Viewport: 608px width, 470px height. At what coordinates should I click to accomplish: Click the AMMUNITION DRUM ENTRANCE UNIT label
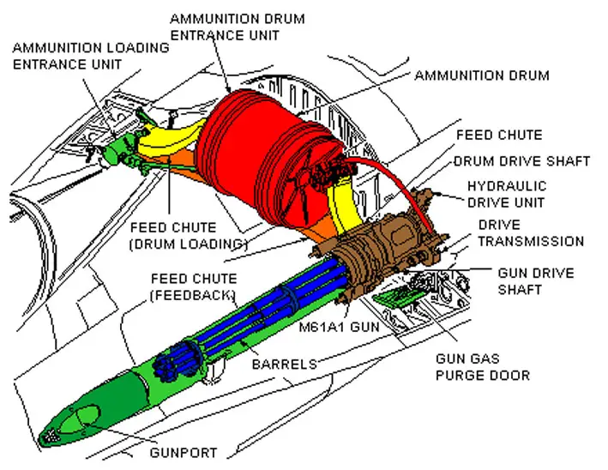(x=238, y=27)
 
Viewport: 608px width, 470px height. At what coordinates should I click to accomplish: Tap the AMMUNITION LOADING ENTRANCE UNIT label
(x=91, y=56)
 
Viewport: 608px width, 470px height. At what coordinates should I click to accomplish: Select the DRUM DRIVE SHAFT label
(x=522, y=161)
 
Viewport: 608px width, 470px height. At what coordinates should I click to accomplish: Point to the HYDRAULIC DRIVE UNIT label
(x=507, y=194)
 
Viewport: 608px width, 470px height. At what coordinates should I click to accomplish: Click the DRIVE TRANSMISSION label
(x=531, y=232)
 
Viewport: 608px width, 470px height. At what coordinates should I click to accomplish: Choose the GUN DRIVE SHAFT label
(x=535, y=280)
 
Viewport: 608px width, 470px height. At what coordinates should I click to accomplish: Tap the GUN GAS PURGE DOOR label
(x=483, y=367)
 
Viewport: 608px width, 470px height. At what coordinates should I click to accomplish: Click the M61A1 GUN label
(x=340, y=327)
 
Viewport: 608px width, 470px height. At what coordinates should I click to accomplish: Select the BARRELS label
(x=284, y=365)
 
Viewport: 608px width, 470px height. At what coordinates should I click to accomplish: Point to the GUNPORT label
(x=184, y=453)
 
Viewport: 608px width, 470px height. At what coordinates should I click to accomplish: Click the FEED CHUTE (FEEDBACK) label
(x=194, y=286)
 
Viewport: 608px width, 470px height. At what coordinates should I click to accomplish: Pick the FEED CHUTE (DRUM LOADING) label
(x=189, y=235)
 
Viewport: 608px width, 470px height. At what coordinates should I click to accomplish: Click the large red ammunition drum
(x=268, y=159)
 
